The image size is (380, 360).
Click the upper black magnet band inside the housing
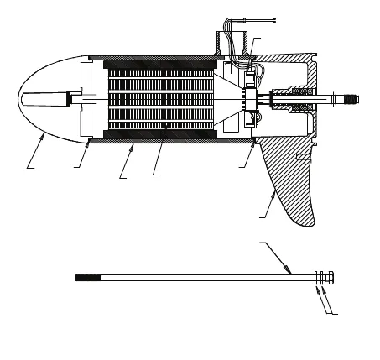(x=159, y=64)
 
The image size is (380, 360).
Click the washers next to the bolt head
(x=319, y=278)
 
